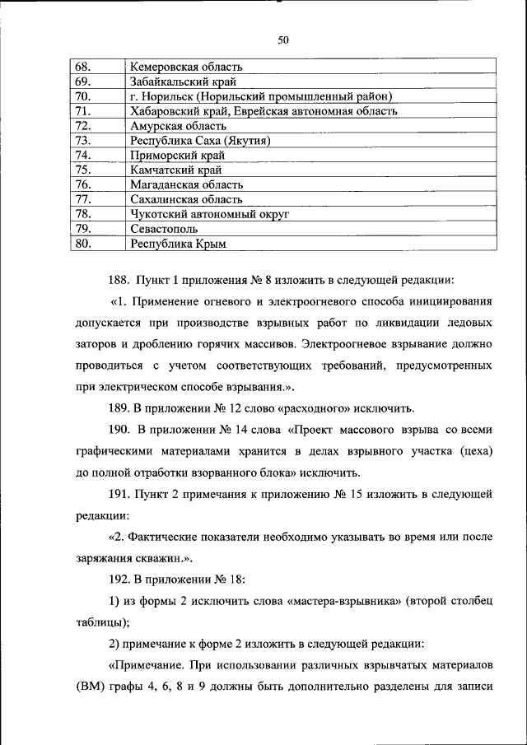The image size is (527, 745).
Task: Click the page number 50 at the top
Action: [x=283, y=40]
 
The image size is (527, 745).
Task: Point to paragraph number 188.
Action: [x=120, y=279]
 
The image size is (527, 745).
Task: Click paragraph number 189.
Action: [x=120, y=407]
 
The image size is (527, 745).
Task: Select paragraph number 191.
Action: [x=120, y=494]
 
